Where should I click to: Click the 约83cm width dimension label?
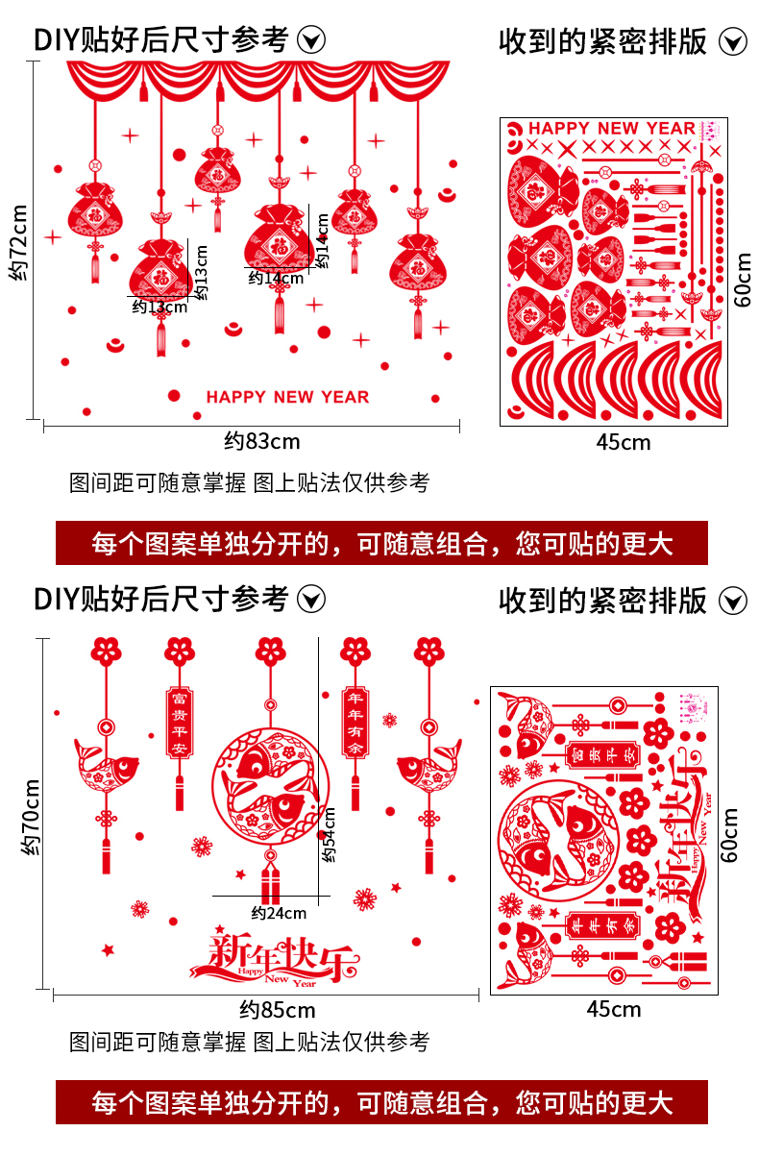[x=262, y=442]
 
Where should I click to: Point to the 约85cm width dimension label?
[x=277, y=1010]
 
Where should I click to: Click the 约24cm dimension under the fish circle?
[x=279, y=913]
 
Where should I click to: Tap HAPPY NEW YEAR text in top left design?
[x=287, y=397]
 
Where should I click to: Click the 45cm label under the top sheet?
[x=623, y=443]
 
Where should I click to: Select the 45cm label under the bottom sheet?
[x=613, y=1009]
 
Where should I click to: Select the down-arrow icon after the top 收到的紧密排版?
[x=733, y=42]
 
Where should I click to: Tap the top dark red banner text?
[x=381, y=544]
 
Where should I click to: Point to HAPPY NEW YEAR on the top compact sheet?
[x=611, y=129]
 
